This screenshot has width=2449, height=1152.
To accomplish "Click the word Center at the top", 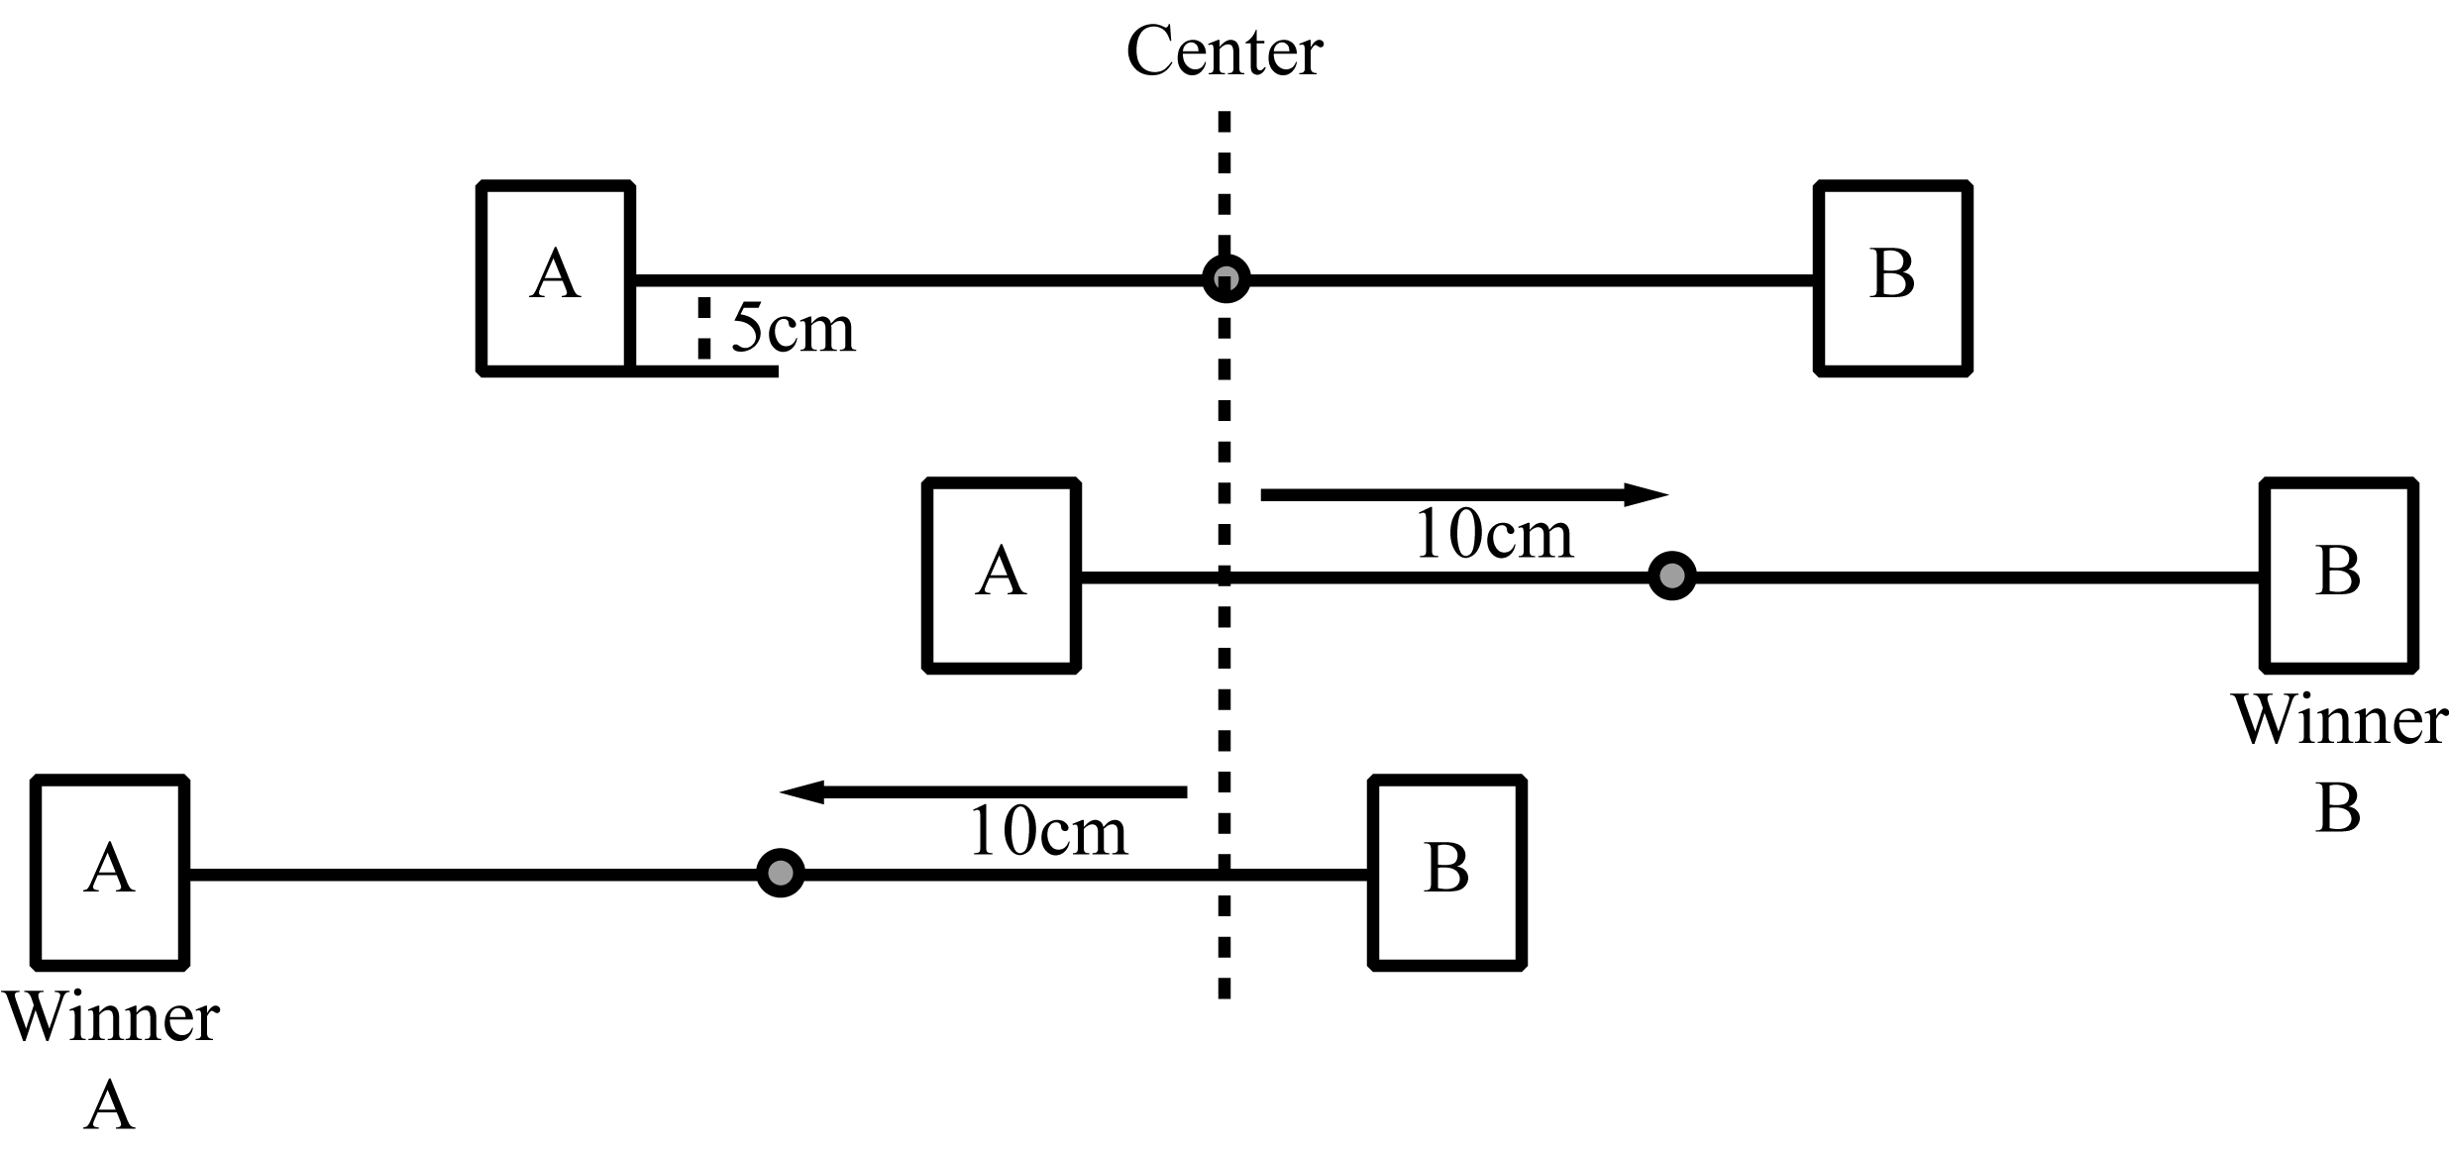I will pos(1224,52).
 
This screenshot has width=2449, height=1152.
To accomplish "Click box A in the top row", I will pos(557,277).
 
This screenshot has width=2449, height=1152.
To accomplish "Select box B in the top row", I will pos(1892,277).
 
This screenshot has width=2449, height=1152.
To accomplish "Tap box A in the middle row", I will pos(1001,575).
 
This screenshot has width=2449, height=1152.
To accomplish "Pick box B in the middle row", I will pos(2338,575).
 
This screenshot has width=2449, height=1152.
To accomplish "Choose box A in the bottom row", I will pos(110,872).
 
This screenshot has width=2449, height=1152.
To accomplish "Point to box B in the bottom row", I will pos(1446,872).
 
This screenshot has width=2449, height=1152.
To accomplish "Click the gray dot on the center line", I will pos(1225,278).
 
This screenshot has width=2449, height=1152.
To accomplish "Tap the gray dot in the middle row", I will pos(1671,576).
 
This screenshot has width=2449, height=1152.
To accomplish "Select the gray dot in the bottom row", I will pos(781,873).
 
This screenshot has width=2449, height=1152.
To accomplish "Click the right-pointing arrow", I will pos(1464,494).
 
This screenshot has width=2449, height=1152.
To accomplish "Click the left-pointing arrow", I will pos(983,791).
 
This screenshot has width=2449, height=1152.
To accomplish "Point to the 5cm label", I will pos(793,329).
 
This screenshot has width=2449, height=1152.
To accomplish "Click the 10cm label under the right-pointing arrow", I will pos(1494,536).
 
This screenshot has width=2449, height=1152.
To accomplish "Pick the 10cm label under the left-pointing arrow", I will pos(1048,833).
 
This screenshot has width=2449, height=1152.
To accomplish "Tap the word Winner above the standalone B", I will pos(2338,720).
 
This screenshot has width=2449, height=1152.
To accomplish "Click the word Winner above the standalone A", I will pos(111,1017).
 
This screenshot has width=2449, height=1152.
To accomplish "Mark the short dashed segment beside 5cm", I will pos(703,328).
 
